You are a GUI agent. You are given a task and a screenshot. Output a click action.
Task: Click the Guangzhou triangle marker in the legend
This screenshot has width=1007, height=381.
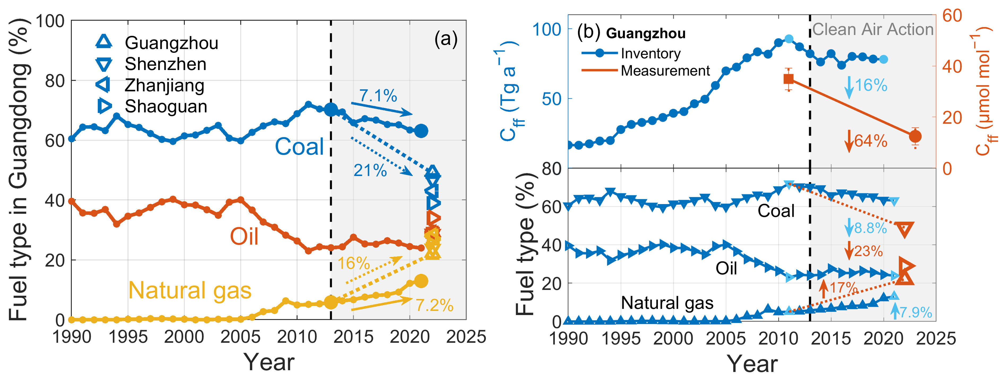pos(104,41)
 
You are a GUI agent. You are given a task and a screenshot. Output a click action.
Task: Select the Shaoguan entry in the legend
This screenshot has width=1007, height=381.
pos(166,106)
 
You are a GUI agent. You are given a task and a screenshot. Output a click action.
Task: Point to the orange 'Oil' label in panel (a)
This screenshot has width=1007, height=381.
pos(244,236)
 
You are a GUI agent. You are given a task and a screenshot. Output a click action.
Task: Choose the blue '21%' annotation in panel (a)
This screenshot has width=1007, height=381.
pos(370,170)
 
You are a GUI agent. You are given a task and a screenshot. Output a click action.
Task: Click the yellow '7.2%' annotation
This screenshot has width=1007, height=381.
pos(434,305)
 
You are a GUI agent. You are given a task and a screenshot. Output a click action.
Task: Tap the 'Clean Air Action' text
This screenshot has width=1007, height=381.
pos(872,29)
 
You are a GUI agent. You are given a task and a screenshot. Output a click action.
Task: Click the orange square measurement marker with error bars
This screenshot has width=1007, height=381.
pos(789,79)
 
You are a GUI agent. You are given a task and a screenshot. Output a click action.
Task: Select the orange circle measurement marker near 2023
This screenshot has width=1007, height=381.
pos(915,136)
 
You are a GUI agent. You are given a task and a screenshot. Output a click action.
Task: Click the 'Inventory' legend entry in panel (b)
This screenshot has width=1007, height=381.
pos(650,54)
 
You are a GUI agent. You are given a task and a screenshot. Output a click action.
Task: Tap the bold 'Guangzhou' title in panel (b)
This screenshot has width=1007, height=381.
pos(646,34)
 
